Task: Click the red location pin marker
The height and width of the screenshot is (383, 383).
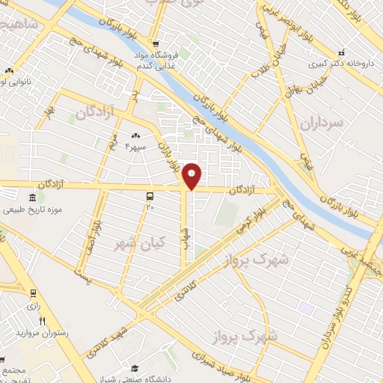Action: click(192, 175)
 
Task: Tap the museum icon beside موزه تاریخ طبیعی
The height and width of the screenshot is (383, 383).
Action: click(32, 197)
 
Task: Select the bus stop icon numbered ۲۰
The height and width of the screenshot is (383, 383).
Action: click(150, 197)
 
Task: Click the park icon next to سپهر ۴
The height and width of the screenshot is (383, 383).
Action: click(135, 135)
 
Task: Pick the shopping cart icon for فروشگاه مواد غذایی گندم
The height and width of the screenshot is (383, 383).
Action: click(155, 44)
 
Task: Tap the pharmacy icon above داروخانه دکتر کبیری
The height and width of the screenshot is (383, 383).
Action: click(341, 52)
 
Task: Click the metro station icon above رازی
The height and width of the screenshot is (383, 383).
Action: click(33, 293)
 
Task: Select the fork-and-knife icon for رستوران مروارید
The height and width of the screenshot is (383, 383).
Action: click(42, 322)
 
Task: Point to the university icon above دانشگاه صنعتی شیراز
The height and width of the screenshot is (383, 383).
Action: click(135, 368)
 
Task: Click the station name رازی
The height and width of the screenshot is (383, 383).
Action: click(33, 305)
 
